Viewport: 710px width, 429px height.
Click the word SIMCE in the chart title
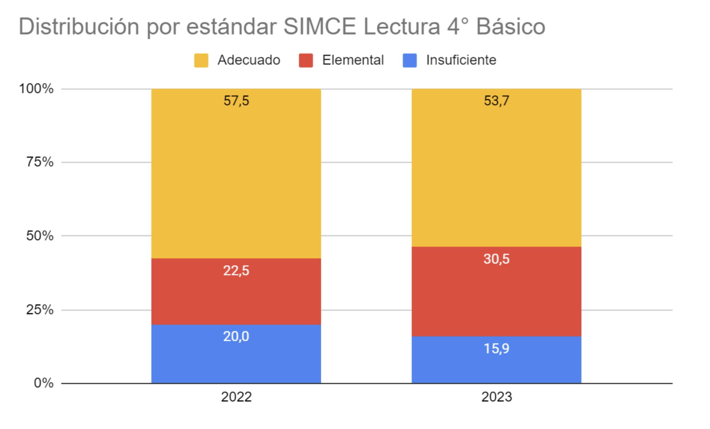(x=319, y=27)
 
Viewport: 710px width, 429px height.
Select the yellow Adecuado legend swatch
(x=201, y=60)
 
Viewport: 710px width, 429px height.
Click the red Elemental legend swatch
(x=306, y=60)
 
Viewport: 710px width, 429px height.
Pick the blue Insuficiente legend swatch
(x=409, y=60)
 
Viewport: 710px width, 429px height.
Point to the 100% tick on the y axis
(x=36, y=89)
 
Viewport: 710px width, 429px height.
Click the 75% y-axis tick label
(x=40, y=162)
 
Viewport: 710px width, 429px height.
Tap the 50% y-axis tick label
(x=40, y=236)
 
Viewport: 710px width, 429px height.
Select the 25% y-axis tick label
(x=40, y=310)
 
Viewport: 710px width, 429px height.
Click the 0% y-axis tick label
(x=43, y=383)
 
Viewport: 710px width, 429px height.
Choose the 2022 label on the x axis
(x=236, y=397)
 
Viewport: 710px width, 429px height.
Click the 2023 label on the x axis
(x=496, y=397)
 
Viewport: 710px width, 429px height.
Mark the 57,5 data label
(x=236, y=101)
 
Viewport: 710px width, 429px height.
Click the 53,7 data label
(x=496, y=101)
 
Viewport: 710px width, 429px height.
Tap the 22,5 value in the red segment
(x=236, y=271)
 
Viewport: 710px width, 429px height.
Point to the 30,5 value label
(x=496, y=259)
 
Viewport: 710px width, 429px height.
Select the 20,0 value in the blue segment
(x=236, y=336)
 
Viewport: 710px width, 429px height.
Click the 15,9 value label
(x=496, y=349)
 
